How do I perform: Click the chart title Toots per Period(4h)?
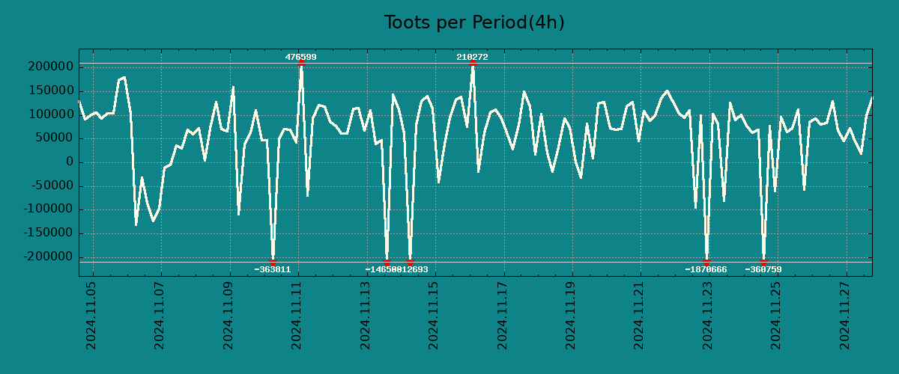coord(473,23)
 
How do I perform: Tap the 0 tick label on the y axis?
coord(69,162)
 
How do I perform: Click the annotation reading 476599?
coord(300,57)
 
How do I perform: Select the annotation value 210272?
coord(472,57)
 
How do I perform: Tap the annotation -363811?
coord(272,269)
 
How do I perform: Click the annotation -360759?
coord(763,269)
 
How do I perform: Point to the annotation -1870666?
coord(706,269)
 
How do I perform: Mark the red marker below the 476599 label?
coord(301,64)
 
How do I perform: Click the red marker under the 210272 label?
coord(473,64)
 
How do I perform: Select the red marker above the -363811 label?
coord(273,262)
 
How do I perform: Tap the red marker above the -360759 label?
coord(763,262)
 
